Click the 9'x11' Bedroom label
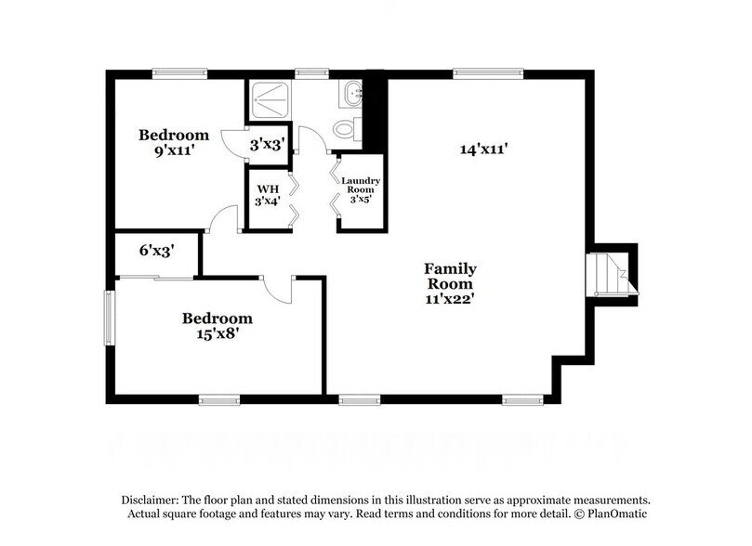pyautogui.click(x=174, y=142)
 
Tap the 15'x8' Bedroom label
pyautogui.click(x=217, y=324)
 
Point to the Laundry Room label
pyautogui.click(x=359, y=189)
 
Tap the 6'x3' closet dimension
pyautogui.click(x=155, y=251)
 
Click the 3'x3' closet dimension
pyautogui.click(x=266, y=146)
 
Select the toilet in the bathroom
pyautogui.click(x=346, y=129)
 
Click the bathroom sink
pyautogui.click(x=352, y=94)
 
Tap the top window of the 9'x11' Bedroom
pyautogui.click(x=179, y=72)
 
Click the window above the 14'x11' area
pyautogui.click(x=487, y=72)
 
